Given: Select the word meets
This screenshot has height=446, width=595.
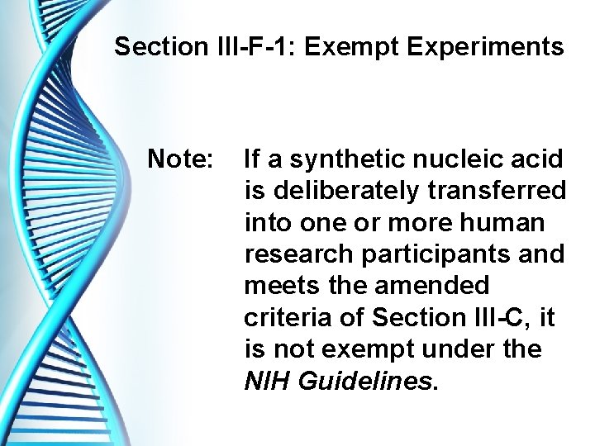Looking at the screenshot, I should coord(280,286).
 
